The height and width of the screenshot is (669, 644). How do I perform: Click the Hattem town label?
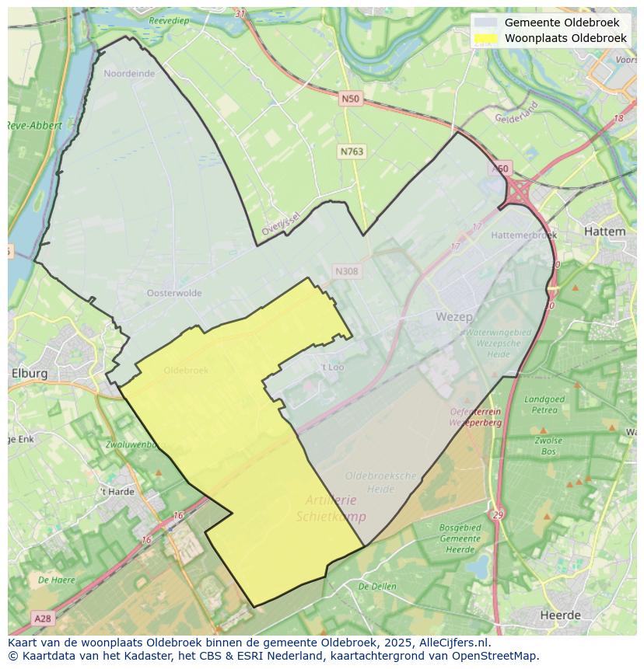pyautogui.click(x=604, y=232)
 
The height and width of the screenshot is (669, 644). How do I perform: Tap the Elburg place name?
pyautogui.click(x=30, y=373)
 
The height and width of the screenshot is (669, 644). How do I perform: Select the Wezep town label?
pyautogui.click(x=453, y=316)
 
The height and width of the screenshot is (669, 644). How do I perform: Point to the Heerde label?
pyautogui.click(x=560, y=615)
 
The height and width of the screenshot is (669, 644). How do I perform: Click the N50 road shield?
pyautogui.click(x=350, y=99)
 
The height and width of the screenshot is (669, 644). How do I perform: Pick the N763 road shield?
pyautogui.click(x=352, y=152)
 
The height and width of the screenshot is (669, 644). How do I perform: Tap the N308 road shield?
pyautogui.click(x=346, y=271)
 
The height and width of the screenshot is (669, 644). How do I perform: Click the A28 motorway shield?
pyautogui.click(x=43, y=618)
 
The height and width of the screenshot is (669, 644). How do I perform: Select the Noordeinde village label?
pyautogui.click(x=129, y=74)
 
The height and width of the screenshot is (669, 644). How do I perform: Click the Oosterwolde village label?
pyautogui.click(x=174, y=293)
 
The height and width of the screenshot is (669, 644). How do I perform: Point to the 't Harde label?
pyautogui.click(x=117, y=492)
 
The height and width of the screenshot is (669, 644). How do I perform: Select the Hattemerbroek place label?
pyautogui.click(x=524, y=235)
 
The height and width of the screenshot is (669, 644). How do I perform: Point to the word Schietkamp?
pyautogui.click(x=331, y=517)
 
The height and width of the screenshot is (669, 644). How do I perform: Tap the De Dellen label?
pyautogui.click(x=379, y=587)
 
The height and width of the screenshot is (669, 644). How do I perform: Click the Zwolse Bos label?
pyautogui.click(x=548, y=445)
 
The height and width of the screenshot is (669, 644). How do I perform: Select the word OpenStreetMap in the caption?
pyautogui.click(x=495, y=656)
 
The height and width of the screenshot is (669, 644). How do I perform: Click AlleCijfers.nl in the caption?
pyautogui.click(x=452, y=643)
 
